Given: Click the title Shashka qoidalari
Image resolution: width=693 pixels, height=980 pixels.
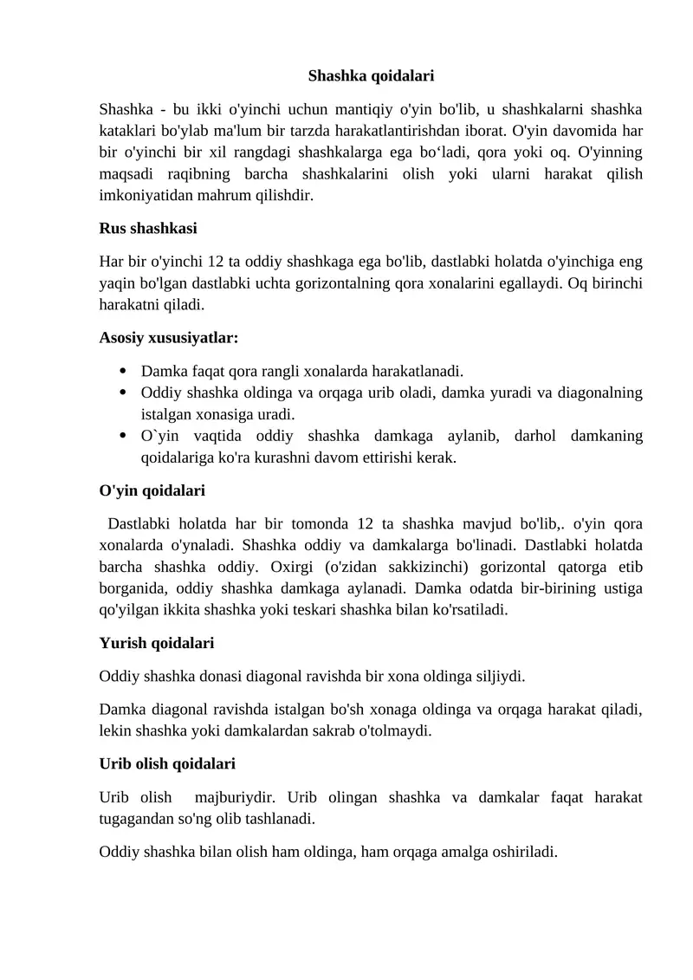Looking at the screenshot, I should [371, 76].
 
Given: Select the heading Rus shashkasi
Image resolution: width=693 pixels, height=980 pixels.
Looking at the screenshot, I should [148, 229].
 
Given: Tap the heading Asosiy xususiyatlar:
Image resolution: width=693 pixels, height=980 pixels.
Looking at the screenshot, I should [169, 336].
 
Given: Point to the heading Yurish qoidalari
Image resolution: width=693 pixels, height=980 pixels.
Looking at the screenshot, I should [157, 643].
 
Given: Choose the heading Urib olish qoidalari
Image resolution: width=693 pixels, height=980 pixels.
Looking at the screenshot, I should [167, 764].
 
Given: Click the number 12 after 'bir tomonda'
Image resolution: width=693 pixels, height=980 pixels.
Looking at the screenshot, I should [366, 523].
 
